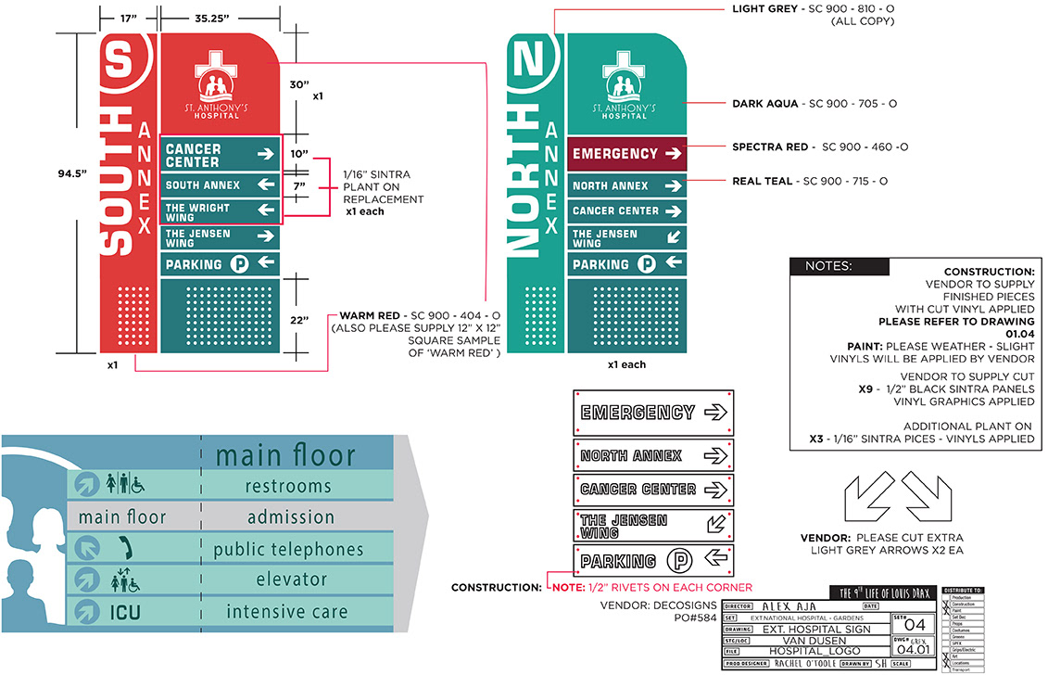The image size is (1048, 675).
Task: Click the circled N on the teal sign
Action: click(533, 62)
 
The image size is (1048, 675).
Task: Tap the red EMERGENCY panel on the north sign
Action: click(626, 154)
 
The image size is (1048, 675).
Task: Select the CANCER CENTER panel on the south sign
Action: click(221, 155)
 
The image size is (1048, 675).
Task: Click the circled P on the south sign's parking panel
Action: click(240, 264)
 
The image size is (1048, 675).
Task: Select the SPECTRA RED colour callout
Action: click(820, 146)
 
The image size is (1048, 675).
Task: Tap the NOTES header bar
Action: click(840, 267)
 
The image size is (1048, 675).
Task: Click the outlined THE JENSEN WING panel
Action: click(653, 526)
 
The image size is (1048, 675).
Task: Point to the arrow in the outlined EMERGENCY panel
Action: click(715, 413)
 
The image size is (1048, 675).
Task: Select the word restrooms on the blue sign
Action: click(288, 486)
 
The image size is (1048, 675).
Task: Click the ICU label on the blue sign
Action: click(125, 612)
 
